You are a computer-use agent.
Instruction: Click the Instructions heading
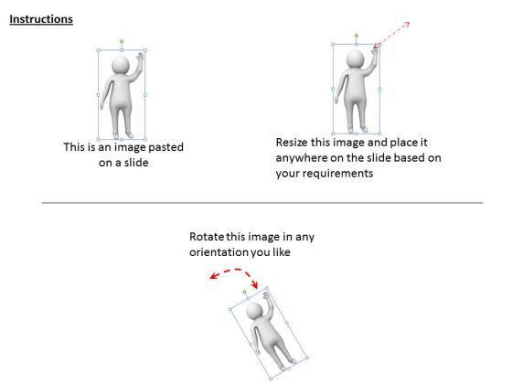pos(41,19)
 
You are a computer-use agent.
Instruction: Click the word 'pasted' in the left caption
pos(165,147)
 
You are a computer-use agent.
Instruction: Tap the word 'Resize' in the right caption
pos(292,143)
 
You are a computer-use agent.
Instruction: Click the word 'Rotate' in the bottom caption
pos(207,237)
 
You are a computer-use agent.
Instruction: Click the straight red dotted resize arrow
pos(391,35)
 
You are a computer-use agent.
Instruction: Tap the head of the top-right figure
pos(356,59)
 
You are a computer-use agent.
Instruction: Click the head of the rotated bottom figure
pos(254,311)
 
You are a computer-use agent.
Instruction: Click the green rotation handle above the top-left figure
pos(122,41)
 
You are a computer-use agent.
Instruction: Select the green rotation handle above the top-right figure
pos(357,36)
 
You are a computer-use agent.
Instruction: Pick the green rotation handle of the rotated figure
pos(245,292)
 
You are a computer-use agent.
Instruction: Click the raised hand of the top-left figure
pos(141,56)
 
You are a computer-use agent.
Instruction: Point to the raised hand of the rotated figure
pos(266,296)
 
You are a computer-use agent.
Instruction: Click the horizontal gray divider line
pos(261,203)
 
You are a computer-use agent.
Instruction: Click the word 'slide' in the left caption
pos(135,163)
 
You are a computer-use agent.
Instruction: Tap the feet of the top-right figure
pos(358,129)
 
